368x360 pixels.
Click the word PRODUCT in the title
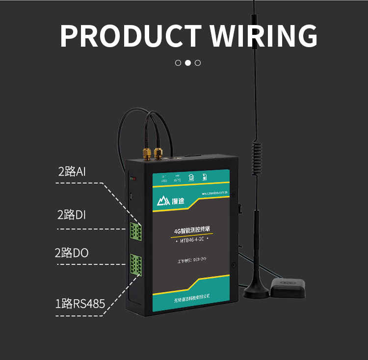click(130, 35)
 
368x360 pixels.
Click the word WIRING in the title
click(263, 35)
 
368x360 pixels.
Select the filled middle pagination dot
click(188, 63)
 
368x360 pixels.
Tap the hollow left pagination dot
click(178, 63)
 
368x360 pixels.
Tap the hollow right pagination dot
click(198, 63)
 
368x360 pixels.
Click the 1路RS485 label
click(80, 304)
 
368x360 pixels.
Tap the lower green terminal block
click(136, 265)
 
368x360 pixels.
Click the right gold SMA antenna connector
click(158, 153)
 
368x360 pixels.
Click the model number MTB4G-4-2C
click(192, 241)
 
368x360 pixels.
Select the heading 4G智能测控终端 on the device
click(192, 230)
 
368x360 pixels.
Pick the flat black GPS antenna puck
click(288, 287)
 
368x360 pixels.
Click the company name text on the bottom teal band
click(191, 296)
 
